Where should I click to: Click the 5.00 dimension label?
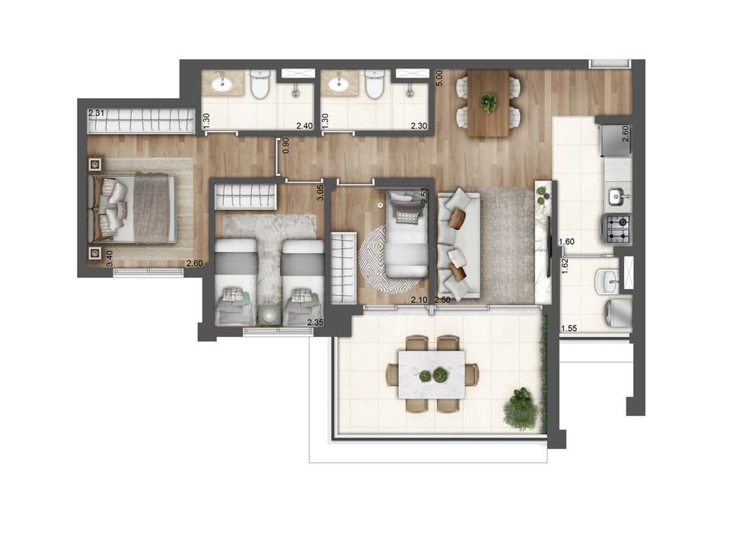click(439, 78)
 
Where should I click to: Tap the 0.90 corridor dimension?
click(285, 145)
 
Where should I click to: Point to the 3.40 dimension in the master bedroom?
click(110, 259)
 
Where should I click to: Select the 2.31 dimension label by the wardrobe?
click(96, 113)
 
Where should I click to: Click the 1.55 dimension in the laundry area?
click(569, 328)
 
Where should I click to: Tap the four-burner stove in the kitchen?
click(617, 229)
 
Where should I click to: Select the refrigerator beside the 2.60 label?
click(616, 140)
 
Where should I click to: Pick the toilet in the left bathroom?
click(260, 84)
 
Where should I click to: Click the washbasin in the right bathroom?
click(339, 84)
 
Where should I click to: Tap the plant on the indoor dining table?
click(488, 101)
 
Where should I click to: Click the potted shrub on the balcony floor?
click(521, 409)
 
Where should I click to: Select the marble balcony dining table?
click(432, 374)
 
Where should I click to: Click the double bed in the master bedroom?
click(132, 208)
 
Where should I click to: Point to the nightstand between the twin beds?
click(269, 315)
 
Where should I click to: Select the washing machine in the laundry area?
click(617, 312)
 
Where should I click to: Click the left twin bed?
click(236, 282)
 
